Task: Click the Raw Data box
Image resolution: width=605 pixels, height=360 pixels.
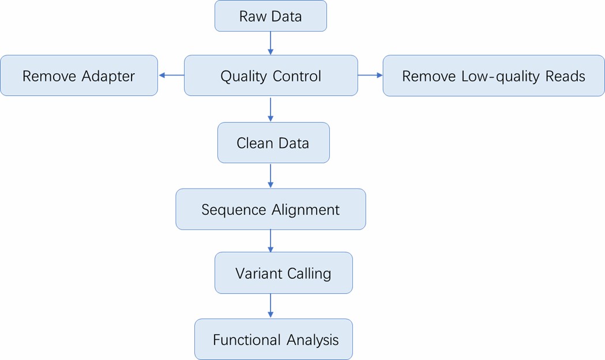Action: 270,16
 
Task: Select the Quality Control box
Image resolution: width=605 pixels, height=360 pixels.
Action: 270,76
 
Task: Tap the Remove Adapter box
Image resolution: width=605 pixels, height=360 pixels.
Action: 78,76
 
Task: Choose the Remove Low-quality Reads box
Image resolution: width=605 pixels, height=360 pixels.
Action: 493,76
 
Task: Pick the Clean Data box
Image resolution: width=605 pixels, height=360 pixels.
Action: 273,142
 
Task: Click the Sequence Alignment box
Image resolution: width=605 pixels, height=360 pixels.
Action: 270,209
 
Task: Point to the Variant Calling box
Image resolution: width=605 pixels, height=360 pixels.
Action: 283,273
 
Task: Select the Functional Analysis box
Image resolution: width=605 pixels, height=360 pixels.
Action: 273,340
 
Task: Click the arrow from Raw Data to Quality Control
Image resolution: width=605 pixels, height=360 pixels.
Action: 270,43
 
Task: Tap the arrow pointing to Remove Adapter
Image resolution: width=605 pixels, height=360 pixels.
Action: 171,75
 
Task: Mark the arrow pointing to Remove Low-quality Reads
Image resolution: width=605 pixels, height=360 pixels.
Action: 370,75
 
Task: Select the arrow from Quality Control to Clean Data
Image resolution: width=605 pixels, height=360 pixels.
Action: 270,109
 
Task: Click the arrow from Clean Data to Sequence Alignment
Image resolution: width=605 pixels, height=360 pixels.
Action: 270,176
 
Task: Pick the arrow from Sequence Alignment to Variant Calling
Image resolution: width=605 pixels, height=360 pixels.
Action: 270,241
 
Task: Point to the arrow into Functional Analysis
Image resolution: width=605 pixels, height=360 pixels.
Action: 270,306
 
